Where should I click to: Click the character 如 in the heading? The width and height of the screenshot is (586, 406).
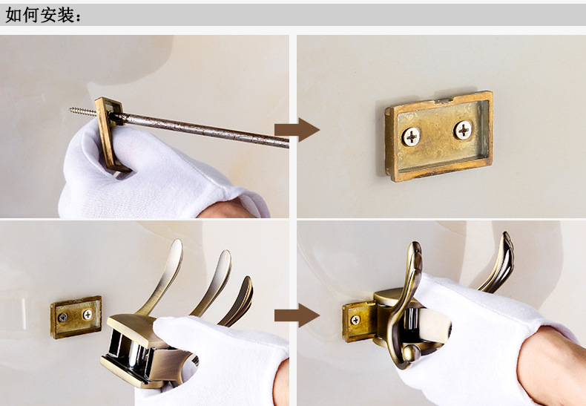14,16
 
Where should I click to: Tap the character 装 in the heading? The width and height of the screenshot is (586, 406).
66,16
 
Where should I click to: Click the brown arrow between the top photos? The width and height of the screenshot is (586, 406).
297,130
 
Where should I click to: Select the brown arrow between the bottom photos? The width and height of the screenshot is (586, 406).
297,315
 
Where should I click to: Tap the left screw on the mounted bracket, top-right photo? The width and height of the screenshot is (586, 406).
412,137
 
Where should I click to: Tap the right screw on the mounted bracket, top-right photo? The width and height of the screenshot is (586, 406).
463,130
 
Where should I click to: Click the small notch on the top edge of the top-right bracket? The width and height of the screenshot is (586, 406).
444,100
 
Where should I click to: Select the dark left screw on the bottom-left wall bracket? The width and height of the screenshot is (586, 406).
63,318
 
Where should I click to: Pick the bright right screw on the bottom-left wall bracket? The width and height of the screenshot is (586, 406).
88,315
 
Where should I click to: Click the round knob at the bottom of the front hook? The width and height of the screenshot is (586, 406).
412,353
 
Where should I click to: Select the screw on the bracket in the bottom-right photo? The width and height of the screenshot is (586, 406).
355,320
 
